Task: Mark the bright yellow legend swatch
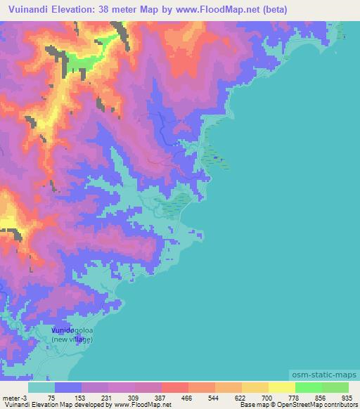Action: coord(281,387)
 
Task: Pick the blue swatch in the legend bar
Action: coord(68,387)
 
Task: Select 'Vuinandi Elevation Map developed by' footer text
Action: coord(49,405)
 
